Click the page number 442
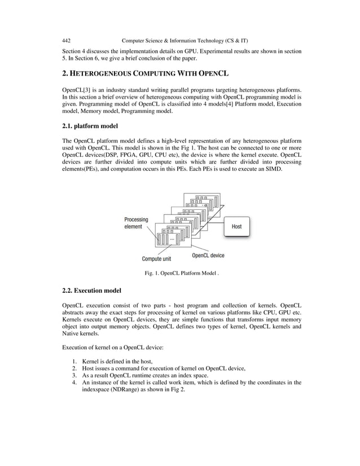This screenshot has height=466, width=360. tap(66, 41)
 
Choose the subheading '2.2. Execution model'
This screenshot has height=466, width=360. tap(91, 291)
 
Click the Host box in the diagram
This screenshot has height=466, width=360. tap(236, 226)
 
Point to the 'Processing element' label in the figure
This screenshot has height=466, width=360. tap(136, 223)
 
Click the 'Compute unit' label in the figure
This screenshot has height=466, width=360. tap(156, 260)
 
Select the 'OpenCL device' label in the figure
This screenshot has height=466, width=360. tap(208, 255)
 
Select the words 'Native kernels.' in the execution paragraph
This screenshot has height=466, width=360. tap(81, 333)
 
